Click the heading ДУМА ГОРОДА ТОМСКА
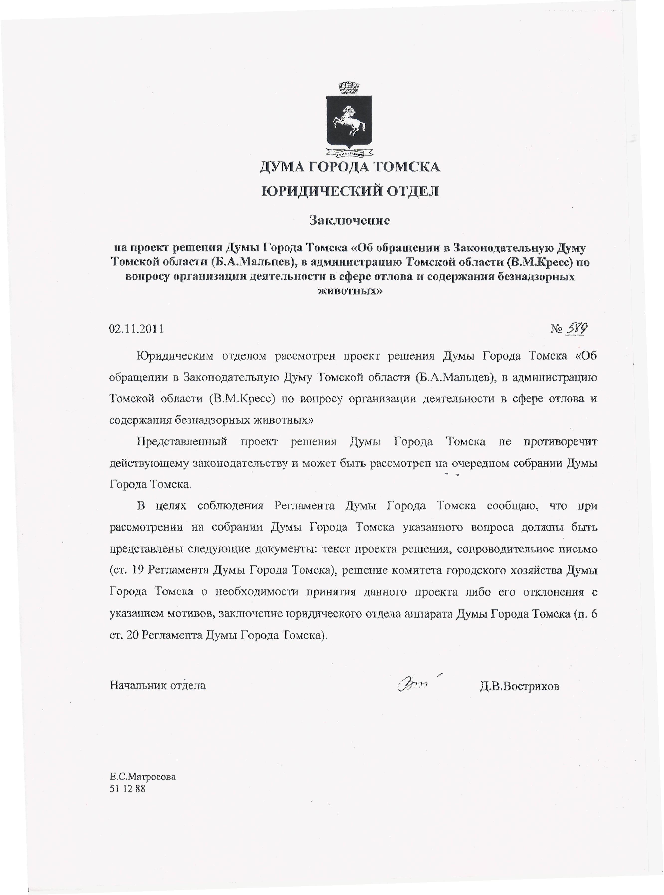(350, 166)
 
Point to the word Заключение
(350, 220)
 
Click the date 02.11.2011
(136, 329)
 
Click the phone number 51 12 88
(127, 789)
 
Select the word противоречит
(560, 442)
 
